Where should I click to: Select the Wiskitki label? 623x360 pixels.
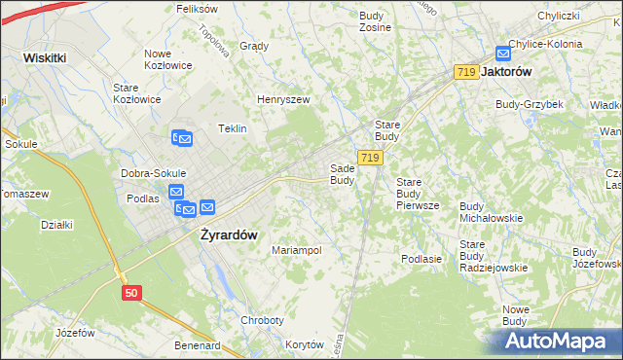pyautogui.click(x=45, y=57)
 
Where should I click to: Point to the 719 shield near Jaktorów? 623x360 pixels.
pyautogui.click(x=465, y=73)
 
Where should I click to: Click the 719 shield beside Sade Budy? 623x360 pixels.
pyautogui.click(x=368, y=158)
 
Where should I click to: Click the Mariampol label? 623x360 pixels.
pyautogui.click(x=296, y=250)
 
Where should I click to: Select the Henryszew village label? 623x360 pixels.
pyautogui.click(x=282, y=99)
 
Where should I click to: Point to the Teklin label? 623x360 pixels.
pyautogui.click(x=232, y=128)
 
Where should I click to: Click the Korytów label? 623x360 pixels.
pyautogui.click(x=305, y=344)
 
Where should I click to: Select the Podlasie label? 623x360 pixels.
pyautogui.click(x=421, y=259)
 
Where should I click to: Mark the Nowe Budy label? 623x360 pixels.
pyautogui.click(x=515, y=315)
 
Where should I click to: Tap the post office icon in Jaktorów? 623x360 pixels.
pyautogui.click(x=502, y=54)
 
